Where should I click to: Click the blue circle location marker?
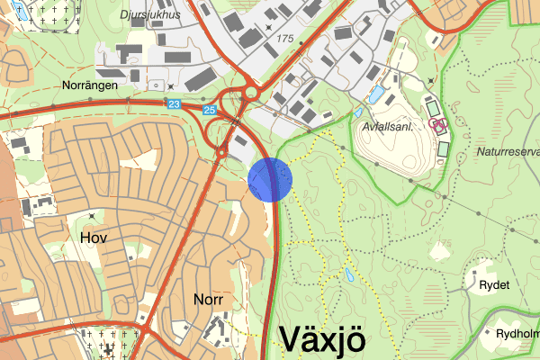(x=270, y=179)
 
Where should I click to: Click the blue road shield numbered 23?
(x=173, y=105)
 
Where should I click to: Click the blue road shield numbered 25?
(x=210, y=111)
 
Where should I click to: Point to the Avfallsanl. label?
(x=386, y=128)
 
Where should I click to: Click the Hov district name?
(x=93, y=238)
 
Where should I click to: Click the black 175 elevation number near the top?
(x=287, y=38)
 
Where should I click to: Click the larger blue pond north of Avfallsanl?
(x=376, y=94)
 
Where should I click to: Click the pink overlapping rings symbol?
(x=437, y=124)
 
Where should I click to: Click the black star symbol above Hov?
(x=93, y=215)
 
